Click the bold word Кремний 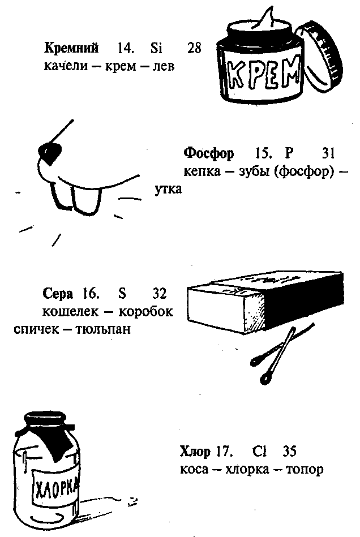pyautogui.click(x=71, y=48)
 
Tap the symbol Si pyautogui.click(x=157, y=48)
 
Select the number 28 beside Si pyautogui.click(x=194, y=48)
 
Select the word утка pyautogui.click(x=169, y=189)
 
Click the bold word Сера pyautogui.click(x=58, y=294)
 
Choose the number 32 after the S pyautogui.click(x=162, y=294)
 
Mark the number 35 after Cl pyautogui.click(x=288, y=452)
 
